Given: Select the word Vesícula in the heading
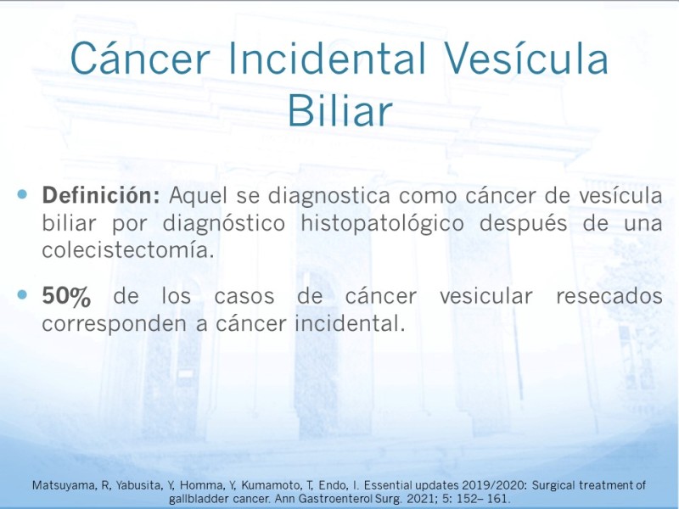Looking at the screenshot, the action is tap(526, 59).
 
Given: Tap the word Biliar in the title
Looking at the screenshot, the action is tap(340, 110).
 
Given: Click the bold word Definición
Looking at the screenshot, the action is tap(101, 195).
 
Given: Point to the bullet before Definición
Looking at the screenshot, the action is tap(22, 194).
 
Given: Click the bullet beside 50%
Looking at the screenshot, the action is tap(22, 295).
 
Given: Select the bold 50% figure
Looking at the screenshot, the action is tap(66, 296).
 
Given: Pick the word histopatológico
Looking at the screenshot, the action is tap(383, 224).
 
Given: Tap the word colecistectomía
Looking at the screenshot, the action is tap(128, 250).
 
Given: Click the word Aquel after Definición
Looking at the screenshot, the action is tap(198, 196).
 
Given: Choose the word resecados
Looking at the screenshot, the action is tap(609, 296).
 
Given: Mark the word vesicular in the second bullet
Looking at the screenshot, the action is tap(486, 296).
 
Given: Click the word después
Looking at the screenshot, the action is tap(523, 224).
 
